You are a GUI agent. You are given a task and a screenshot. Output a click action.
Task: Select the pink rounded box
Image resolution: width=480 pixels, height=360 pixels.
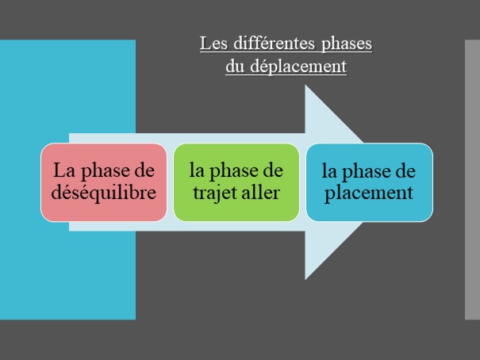click(103, 182)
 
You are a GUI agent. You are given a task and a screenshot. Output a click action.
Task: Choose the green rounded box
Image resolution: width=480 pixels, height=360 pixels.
click(236, 182)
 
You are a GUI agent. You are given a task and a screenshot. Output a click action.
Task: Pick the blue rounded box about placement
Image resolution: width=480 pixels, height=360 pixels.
click(369, 182)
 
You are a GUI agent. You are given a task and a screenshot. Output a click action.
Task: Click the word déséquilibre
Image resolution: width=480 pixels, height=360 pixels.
click(103, 193)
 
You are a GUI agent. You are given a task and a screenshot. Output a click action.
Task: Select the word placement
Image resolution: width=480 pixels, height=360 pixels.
click(369, 193)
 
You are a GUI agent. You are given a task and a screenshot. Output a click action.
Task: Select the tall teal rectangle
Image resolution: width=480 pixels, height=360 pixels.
click(67, 95)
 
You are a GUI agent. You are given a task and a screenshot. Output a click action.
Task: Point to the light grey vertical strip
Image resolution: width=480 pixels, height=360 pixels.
click(471, 179)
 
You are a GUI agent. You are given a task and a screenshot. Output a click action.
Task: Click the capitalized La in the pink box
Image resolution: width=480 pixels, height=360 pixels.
click(62, 171)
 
